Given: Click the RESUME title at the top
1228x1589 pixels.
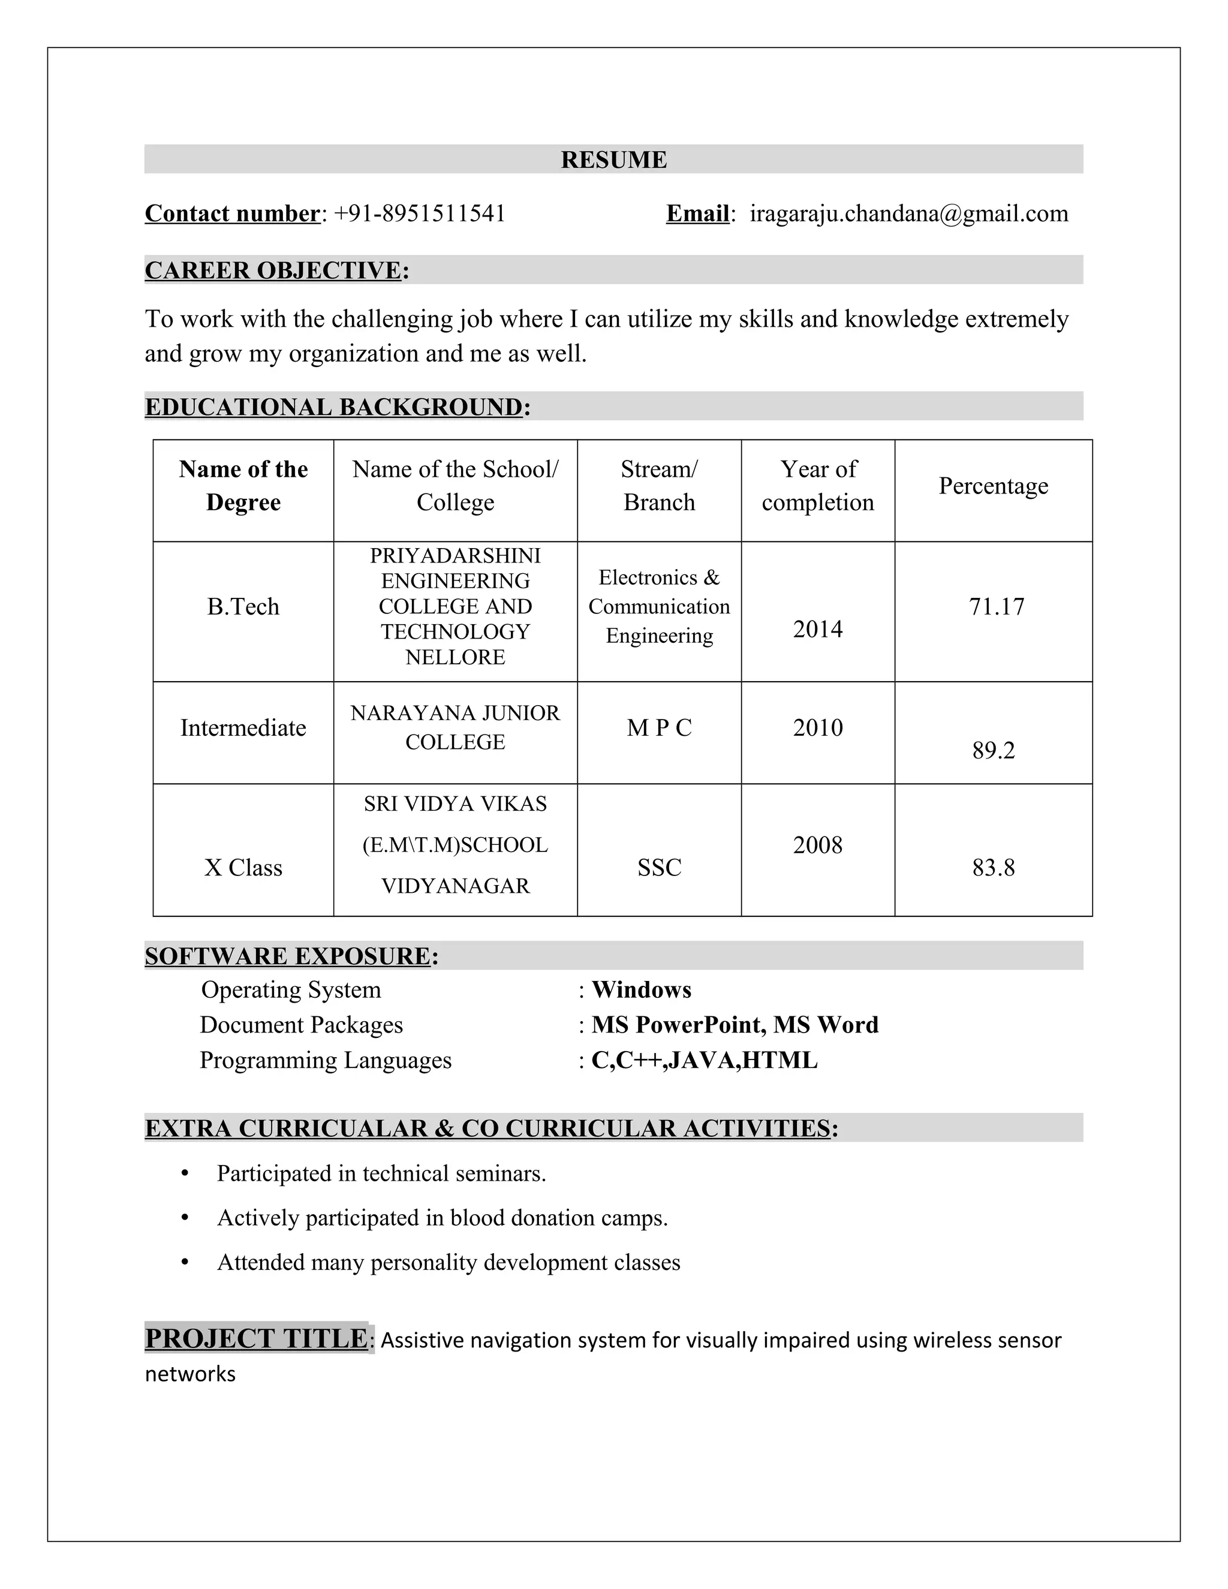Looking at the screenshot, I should click(x=613, y=159).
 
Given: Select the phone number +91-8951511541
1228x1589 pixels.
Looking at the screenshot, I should click(x=419, y=213).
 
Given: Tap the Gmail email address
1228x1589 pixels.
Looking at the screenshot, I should click(x=908, y=213).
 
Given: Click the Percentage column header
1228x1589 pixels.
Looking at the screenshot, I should click(x=993, y=485).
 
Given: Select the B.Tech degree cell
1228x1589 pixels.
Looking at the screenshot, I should click(x=243, y=606).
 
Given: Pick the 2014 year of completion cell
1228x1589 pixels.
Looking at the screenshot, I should click(x=818, y=628).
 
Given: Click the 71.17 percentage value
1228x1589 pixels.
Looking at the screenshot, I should click(x=996, y=606).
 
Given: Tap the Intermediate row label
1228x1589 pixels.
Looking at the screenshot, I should click(x=243, y=727).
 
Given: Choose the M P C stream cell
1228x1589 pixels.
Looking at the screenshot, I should click(x=659, y=727).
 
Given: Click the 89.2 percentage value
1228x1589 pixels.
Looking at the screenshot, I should click(x=993, y=750).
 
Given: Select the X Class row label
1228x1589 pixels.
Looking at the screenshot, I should click(x=243, y=867).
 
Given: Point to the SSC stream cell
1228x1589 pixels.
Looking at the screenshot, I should click(x=659, y=867).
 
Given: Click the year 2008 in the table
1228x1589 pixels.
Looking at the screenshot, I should click(x=818, y=845).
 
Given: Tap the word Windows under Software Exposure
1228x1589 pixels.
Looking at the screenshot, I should click(x=641, y=989).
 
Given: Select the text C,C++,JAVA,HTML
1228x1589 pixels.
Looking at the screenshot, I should click(x=704, y=1060).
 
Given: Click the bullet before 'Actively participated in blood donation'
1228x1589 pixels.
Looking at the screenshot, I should click(x=185, y=1217).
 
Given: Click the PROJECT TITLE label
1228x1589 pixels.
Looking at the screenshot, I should click(x=256, y=1338).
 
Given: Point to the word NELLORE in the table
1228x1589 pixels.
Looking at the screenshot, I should click(x=456, y=657).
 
